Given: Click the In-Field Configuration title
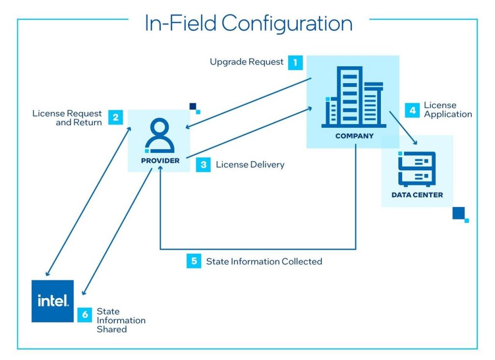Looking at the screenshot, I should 248,24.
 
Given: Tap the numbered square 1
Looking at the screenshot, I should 295,62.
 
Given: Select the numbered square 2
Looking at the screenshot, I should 115,118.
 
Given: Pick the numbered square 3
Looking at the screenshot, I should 204,165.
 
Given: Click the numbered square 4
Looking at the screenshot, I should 412,110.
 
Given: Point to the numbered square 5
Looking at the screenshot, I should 194,261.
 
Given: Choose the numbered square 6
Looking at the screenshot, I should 85,315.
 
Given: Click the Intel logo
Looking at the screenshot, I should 53,301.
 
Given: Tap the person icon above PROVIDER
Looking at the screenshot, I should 160,136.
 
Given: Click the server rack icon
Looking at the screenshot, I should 417,169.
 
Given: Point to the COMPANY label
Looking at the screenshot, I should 354,136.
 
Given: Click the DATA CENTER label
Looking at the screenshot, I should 417,195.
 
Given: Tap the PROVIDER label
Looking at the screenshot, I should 160,161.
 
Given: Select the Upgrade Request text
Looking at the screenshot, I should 247,62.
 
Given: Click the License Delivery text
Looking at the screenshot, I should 250,165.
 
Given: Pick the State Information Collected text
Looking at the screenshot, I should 264,261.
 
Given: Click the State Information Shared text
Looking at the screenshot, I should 121,320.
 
